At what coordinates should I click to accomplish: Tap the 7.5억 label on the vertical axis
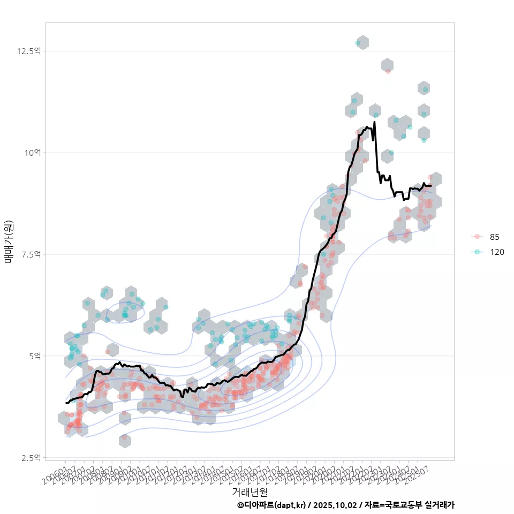pos(31,254)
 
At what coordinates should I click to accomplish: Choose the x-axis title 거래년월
pos(250,491)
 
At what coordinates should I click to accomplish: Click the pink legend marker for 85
pos(478,237)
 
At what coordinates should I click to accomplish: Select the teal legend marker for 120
pos(478,252)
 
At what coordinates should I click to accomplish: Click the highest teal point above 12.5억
pos(358,43)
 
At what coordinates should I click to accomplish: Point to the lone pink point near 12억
pos(388,71)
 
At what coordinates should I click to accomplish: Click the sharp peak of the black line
pos(374,122)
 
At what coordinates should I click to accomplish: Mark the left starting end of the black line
pos(66,403)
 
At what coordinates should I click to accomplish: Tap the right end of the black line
pos(431,186)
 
